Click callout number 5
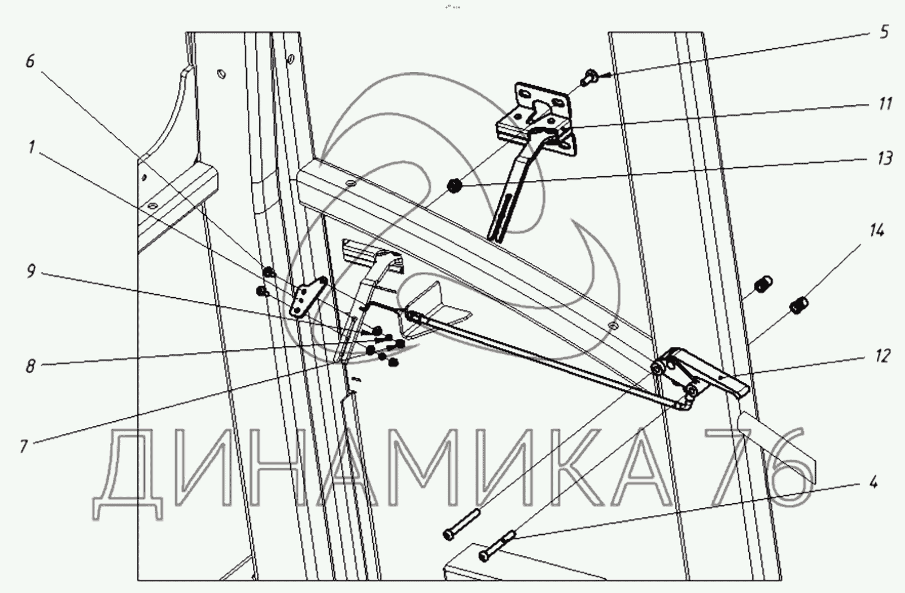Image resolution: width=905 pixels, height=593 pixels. (884, 31)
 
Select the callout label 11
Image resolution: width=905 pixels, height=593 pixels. (884, 104)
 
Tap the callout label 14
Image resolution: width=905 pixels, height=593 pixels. (876, 231)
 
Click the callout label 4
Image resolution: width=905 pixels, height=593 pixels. (873, 483)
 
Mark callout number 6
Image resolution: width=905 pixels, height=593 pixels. (30, 61)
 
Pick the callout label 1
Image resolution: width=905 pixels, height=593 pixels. (31, 147)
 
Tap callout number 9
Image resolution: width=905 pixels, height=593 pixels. (31, 271)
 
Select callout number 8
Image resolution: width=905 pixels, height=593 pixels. (30, 366)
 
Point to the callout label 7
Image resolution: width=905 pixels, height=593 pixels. (24, 446)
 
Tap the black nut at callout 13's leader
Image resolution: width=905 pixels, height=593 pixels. (455, 186)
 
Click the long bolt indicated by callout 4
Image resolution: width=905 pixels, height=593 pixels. (497, 545)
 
